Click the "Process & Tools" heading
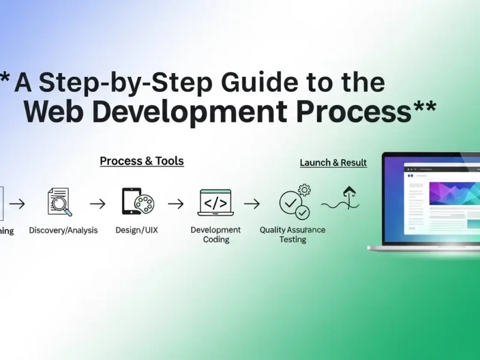tap(142, 161)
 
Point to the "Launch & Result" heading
tap(333, 163)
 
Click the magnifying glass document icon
tap(59, 202)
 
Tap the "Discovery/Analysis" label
tap(64, 230)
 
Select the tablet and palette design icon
tap(137, 202)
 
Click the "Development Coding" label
tap(215, 235)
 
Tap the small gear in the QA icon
tap(304, 190)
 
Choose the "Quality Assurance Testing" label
tap(293, 235)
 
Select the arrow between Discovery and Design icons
tap(97, 204)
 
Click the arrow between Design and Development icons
tap(175, 204)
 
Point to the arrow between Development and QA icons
tap(252, 204)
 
